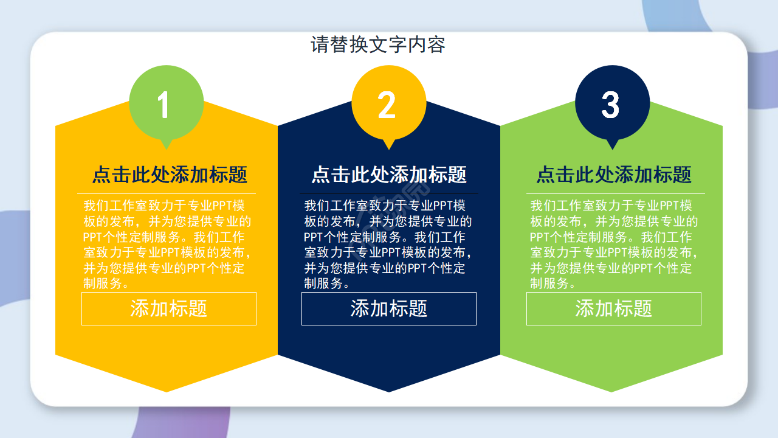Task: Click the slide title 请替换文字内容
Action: click(x=378, y=45)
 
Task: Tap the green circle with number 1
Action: click(x=166, y=102)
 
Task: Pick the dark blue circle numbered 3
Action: click(x=612, y=102)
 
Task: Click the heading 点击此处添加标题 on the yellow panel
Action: click(x=170, y=175)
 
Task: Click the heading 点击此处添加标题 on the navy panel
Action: click(x=389, y=175)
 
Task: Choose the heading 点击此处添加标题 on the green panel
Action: click(x=614, y=175)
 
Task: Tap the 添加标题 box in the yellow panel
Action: click(x=169, y=308)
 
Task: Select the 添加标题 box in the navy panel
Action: click(x=389, y=308)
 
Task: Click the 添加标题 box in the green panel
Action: click(x=614, y=308)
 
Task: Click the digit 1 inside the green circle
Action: click(x=163, y=105)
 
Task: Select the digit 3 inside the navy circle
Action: click(x=610, y=105)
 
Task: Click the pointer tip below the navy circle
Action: click(x=613, y=147)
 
